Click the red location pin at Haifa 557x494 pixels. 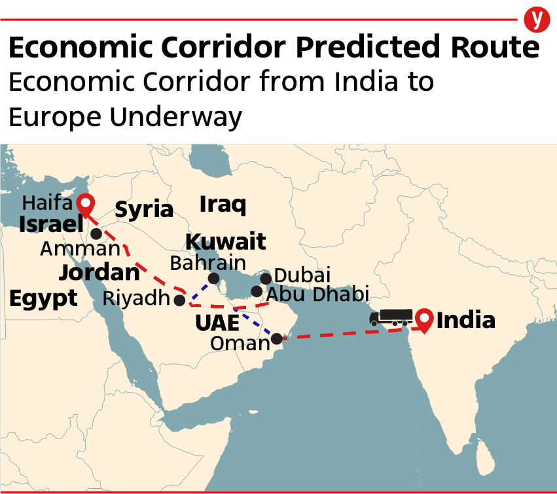coord(84,205)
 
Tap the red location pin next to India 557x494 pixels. coord(425,320)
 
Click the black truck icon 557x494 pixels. coord(391,318)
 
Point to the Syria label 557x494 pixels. coord(144,210)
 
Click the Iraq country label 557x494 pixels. coord(223,205)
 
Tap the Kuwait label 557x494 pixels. coord(226,242)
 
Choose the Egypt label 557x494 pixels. coord(43,298)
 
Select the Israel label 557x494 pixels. coord(51,224)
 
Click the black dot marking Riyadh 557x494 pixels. coord(179,300)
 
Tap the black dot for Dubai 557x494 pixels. coord(266,279)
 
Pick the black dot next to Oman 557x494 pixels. coord(277,338)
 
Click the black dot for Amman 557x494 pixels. coord(96,233)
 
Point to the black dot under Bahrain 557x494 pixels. coord(213,279)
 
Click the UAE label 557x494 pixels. coord(217,323)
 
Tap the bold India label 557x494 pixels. coord(465,321)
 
